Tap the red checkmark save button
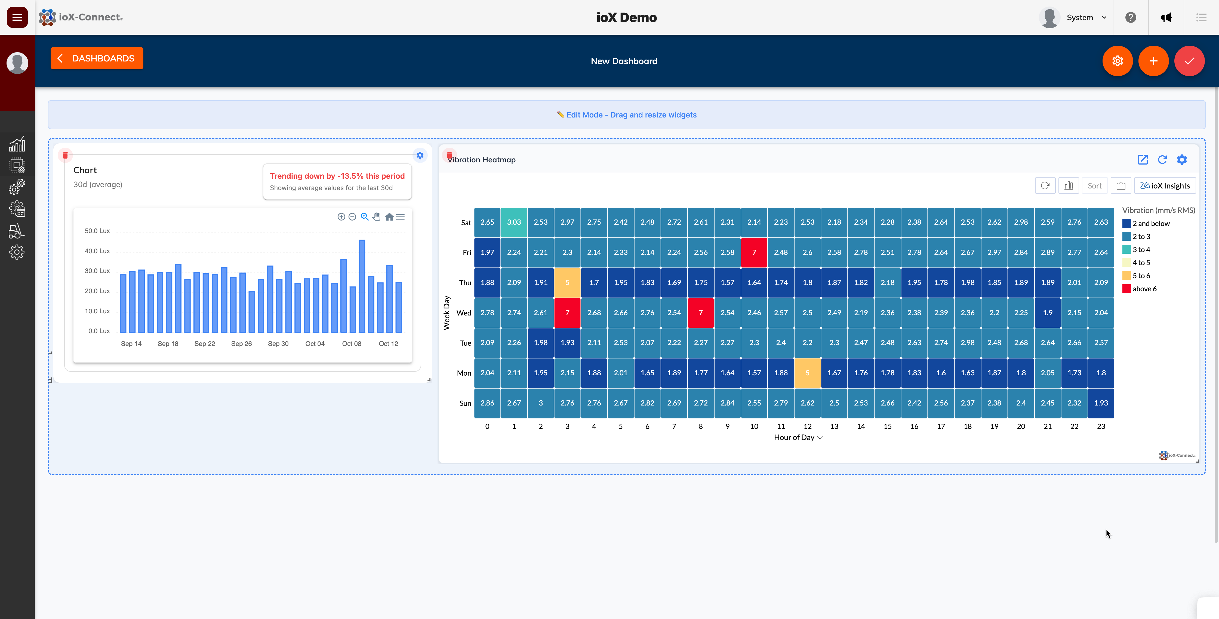pyautogui.click(x=1189, y=61)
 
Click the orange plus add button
pyautogui.click(x=1153, y=61)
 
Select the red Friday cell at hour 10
pyautogui.click(x=754, y=252)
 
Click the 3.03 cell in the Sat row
pyautogui.click(x=514, y=222)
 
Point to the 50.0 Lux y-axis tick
pyautogui.click(x=97, y=231)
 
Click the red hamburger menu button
pyautogui.click(x=17, y=17)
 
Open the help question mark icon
pyautogui.click(x=1131, y=17)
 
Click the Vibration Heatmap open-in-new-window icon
pyautogui.click(x=1142, y=160)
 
